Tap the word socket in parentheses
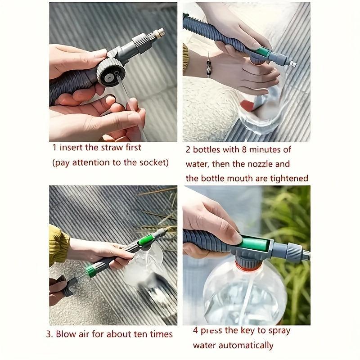pyautogui.click(x=152, y=162)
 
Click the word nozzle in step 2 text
pyautogui.click(x=262, y=164)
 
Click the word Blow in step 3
pyautogui.click(x=68, y=334)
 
